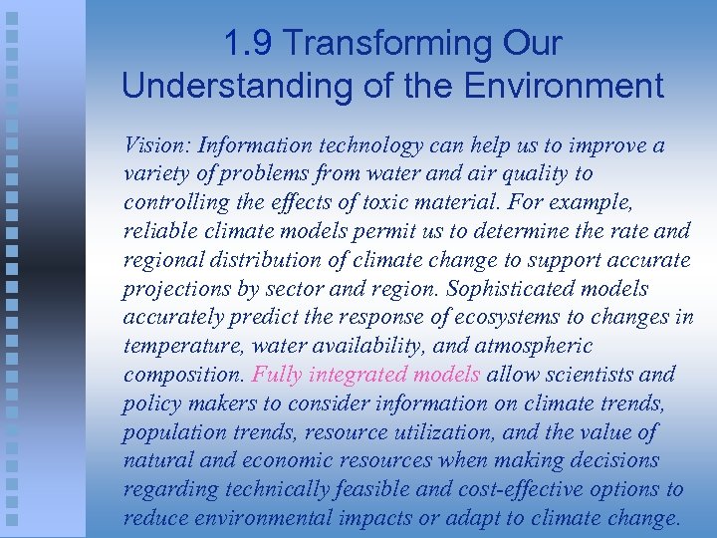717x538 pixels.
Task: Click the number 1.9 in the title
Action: coord(246,44)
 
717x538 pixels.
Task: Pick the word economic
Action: coord(281,460)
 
